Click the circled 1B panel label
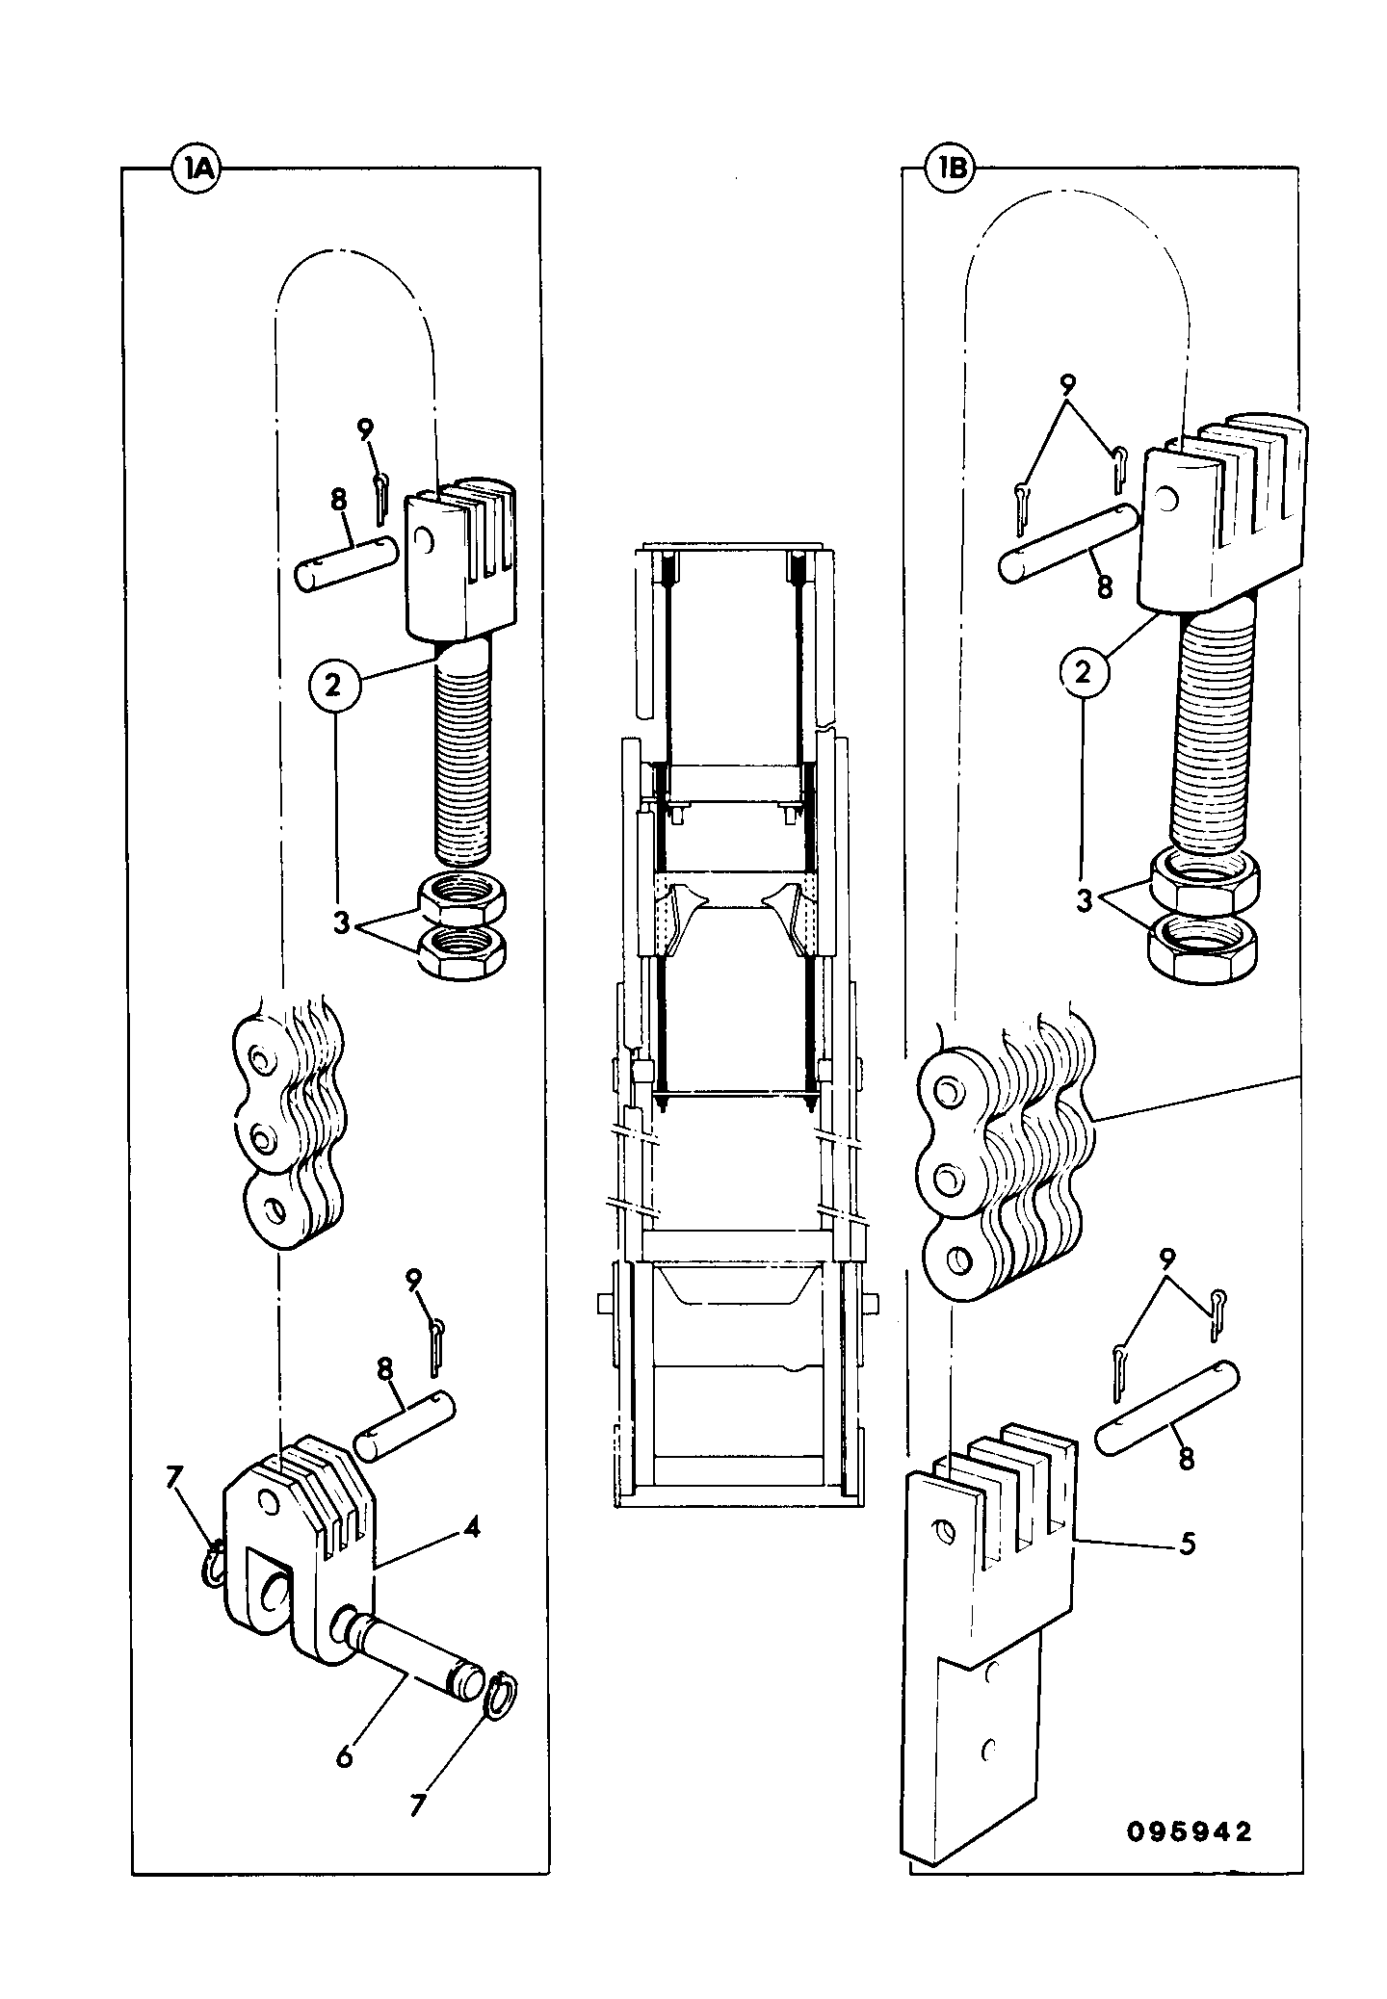950,170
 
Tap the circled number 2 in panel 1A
332,685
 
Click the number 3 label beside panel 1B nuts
1086,902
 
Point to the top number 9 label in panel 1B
1066,386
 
